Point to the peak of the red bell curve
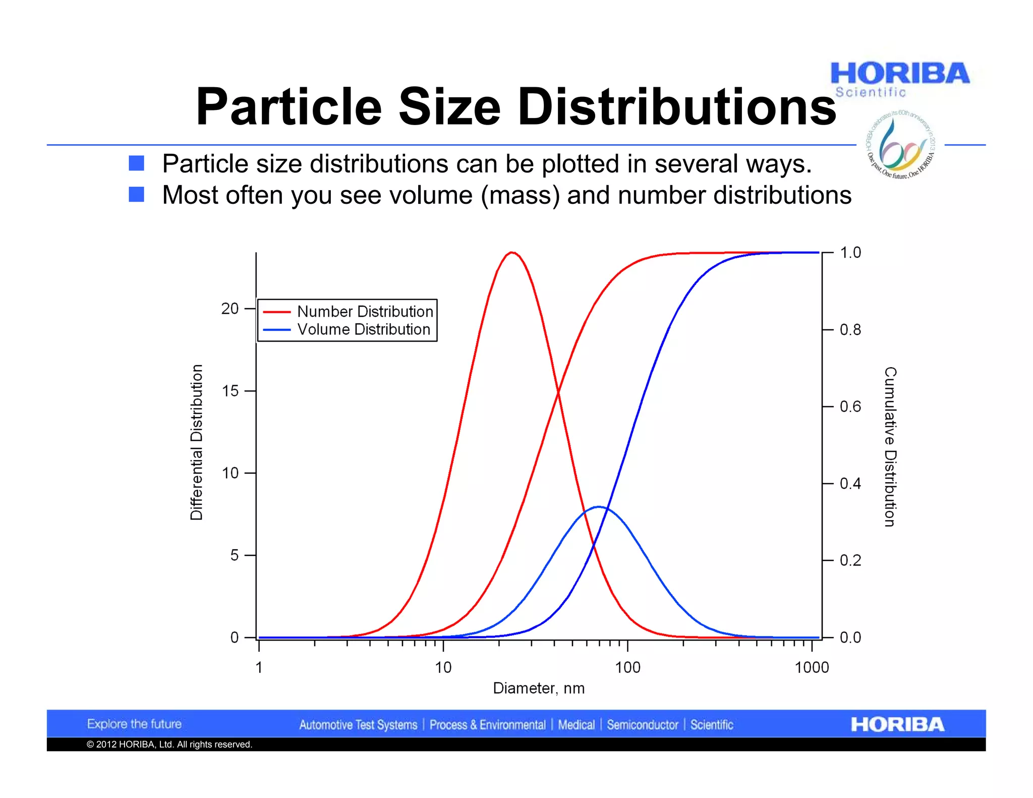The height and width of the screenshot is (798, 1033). pyautogui.click(x=512, y=252)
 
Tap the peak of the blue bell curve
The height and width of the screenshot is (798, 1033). pyautogui.click(x=599, y=507)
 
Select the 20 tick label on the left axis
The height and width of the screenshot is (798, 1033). pyautogui.click(x=229, y=309)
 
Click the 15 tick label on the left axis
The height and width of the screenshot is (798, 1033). pyautogui.click(x=229, y=391)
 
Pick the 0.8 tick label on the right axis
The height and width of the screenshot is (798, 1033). pyautogui.click(x=850, y=330)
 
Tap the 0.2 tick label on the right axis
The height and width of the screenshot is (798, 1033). pyautogui.click(x=850, y=560)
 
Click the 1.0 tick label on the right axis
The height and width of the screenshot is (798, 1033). pyautogui.click(x=850, y=253)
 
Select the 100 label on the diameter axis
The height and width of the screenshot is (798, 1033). pyautogui.click(x=627, y=668)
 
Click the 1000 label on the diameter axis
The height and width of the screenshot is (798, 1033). pyautogui.click(x=812, y=668)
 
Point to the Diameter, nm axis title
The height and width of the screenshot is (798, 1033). pyautogui.click(x=539, y=689)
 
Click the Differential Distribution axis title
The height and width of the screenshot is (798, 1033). pyautogui.click(x=196, y=442)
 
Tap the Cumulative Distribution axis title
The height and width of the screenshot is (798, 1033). pyautogui.click(x=890, y=446)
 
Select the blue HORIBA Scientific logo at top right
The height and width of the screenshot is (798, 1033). pyautogui.click(x=899, y=79)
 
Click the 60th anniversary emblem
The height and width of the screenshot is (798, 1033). pyautogui.click(x=901, y=145)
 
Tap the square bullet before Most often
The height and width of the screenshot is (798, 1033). pyautogui.click(x=136, y=194)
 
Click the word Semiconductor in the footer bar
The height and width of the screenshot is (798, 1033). pyautogui.click(x=642, y=725)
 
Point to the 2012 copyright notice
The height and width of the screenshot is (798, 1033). pyautogui.click(x=169, y=745)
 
